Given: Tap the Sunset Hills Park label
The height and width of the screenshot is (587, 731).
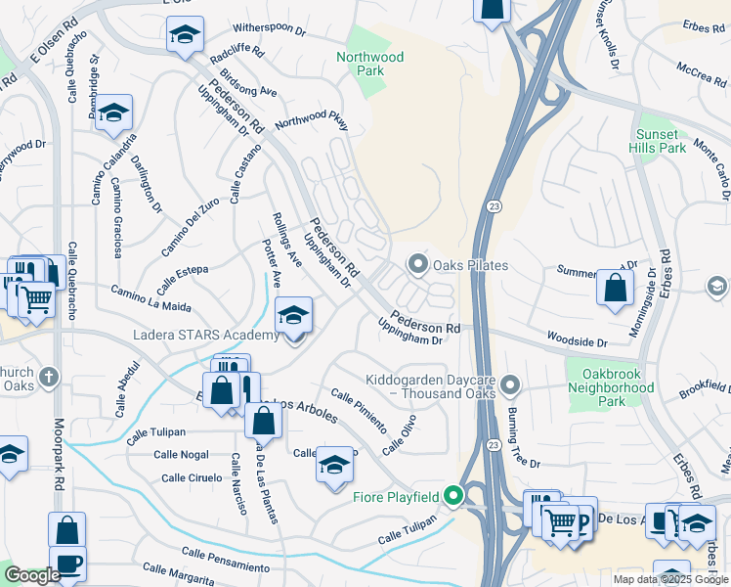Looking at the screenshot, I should click(x=660, y=141).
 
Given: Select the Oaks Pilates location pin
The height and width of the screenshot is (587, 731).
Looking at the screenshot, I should click(x=418, y=264).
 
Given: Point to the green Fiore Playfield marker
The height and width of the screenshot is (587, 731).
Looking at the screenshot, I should click(x=452, y=496).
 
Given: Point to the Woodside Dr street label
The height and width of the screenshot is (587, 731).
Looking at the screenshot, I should click(x=576, y=343).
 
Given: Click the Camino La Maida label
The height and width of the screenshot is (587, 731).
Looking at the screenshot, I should click(x=150, y=293).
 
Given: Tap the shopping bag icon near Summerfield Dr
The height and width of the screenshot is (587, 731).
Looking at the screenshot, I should click(x=615, y=287).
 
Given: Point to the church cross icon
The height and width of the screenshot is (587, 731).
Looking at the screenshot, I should click(x=50, y=377).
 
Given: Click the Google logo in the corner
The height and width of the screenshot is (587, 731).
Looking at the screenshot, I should click(x=32, y=575).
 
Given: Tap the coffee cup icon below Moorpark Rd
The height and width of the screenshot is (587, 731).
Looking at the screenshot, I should click(x=66, y=564).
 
